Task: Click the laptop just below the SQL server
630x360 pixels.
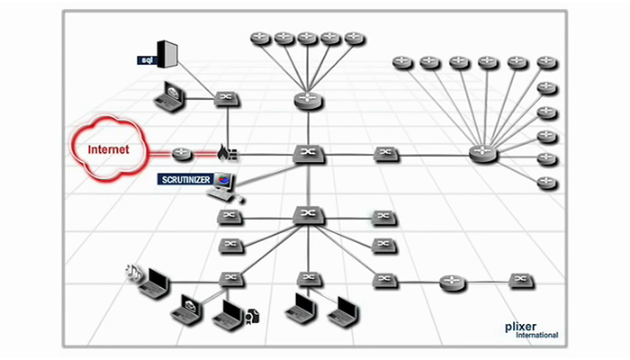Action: click(x=168, y=97)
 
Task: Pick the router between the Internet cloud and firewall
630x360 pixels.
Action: click(x=183, y=154)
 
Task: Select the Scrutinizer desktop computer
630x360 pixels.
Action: click(x=221, y=185)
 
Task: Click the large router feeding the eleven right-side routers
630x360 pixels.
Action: click(x=483, y=154)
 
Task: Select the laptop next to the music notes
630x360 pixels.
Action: click(x=155, y=282)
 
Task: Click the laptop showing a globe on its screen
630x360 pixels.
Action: click(x=188, y=310)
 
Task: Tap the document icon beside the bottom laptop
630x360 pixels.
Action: click(x=253, y=315)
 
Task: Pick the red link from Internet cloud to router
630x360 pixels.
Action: click(x=157, y=154)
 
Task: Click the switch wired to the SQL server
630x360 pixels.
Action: click(x=226, y=97)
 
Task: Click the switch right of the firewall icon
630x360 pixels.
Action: click(x=308, y=154)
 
